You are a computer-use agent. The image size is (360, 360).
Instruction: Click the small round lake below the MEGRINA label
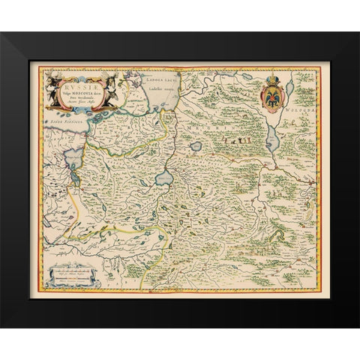point(196,147)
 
